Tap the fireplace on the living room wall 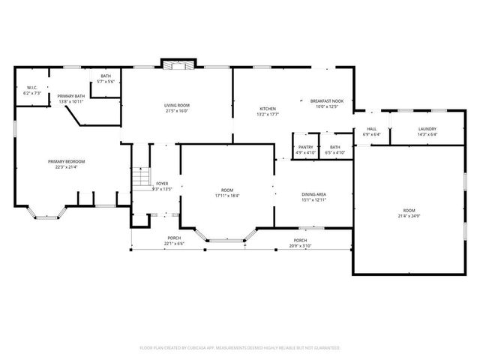tap(178, 65)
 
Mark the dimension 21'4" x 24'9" tap(408, 216)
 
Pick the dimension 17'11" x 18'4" tap(227, 196)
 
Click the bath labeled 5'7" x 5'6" tap(106, 81)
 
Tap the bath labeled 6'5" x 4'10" tap(334, 152)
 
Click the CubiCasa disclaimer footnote tap(240, 348)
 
